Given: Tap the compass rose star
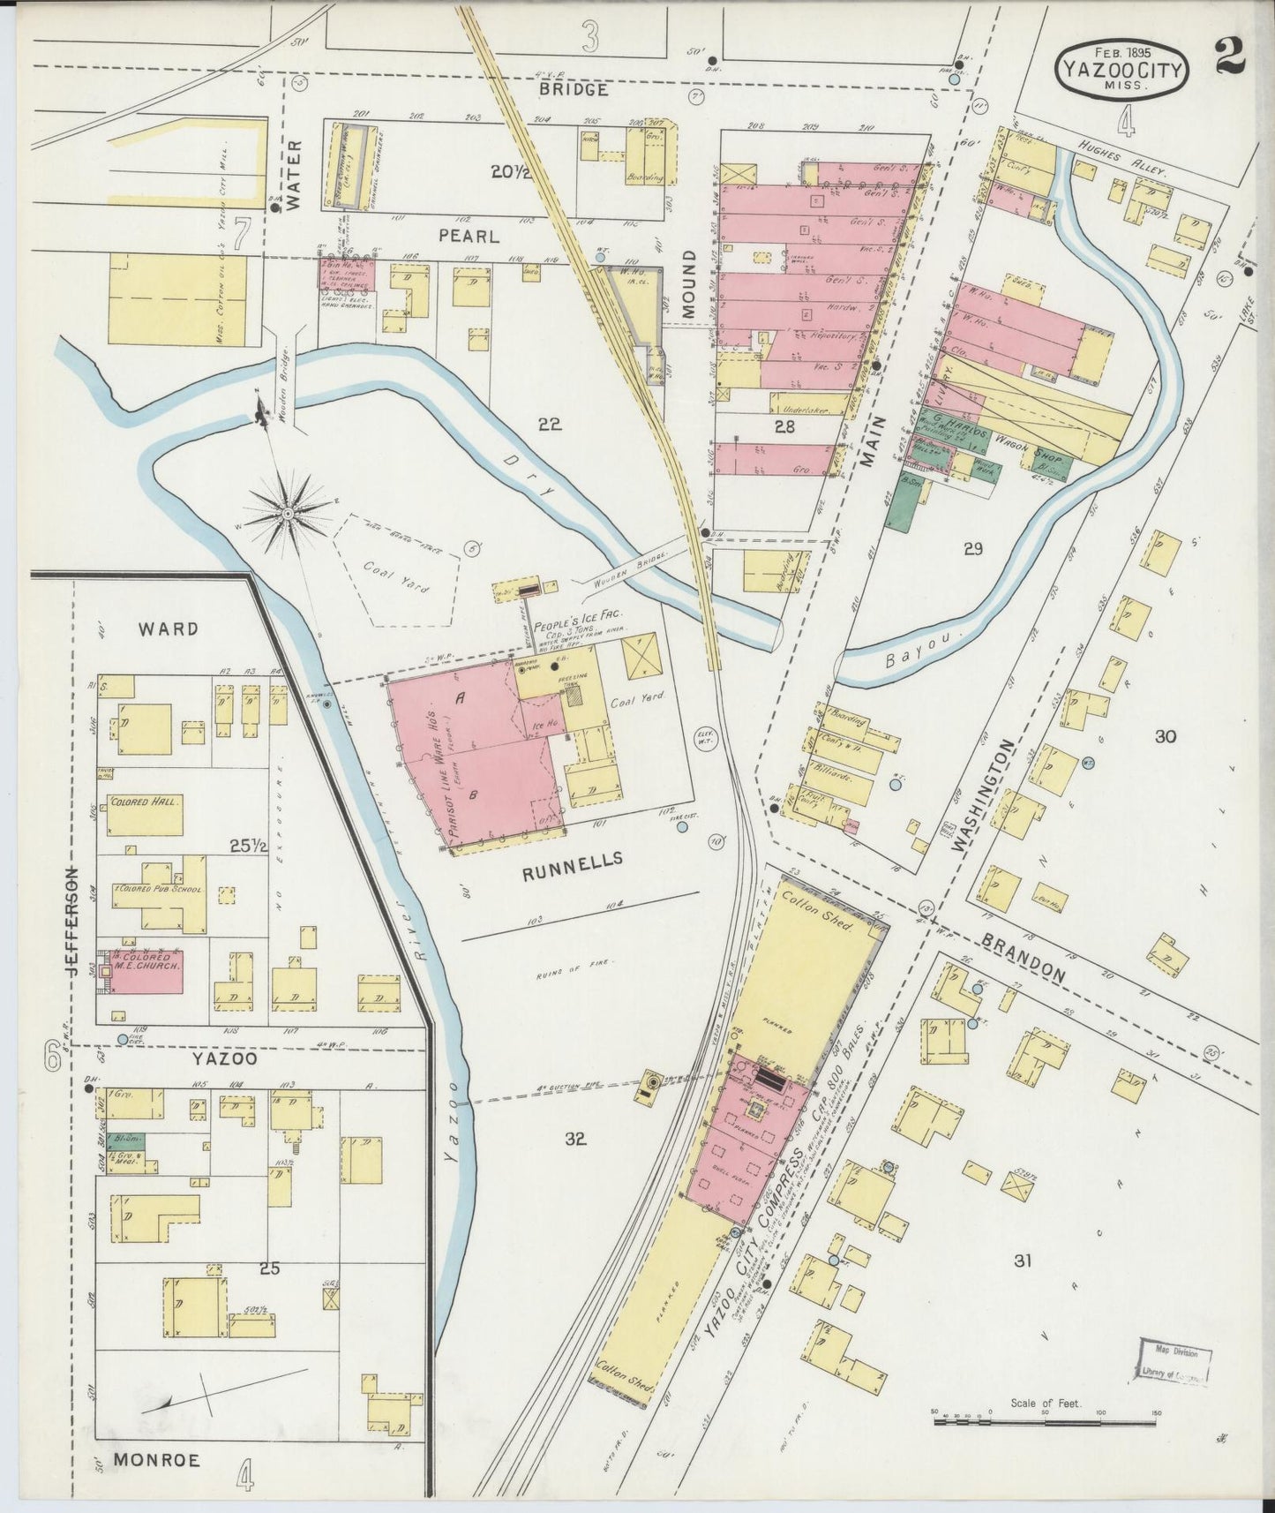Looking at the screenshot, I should pyautogui.click(x=289, y=512).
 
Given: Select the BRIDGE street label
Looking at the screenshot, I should pyautogui.click(x=574, y=89).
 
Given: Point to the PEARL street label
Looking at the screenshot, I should pyautogui.click(x=469, y=237).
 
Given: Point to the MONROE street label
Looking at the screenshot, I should pyautogui.click(x=156, y=1460).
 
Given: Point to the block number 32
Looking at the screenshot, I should pyautogui.click(x=575, y=1139).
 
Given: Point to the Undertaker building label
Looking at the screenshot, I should pyautogui.click(x=801, y=408).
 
